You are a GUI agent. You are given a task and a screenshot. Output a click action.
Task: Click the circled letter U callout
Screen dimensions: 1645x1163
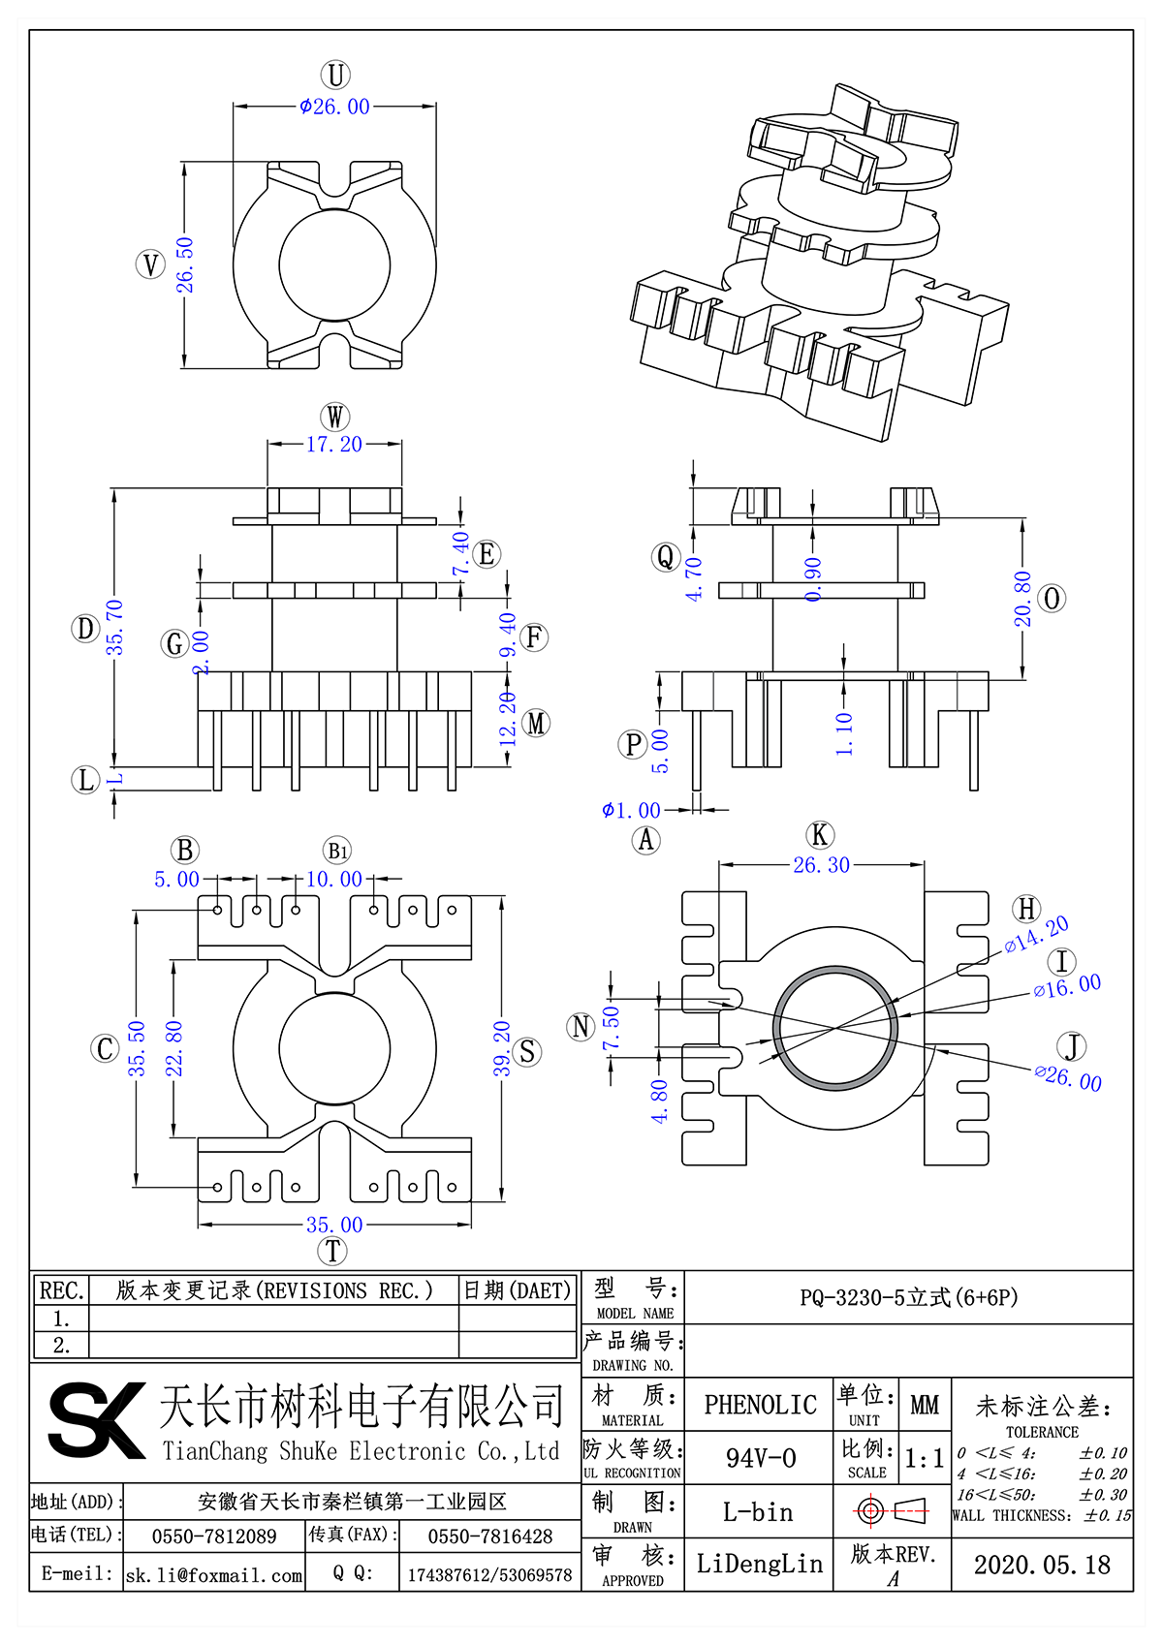click(335, 75)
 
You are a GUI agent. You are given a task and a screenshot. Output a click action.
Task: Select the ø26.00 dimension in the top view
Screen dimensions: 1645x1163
click(335, 107)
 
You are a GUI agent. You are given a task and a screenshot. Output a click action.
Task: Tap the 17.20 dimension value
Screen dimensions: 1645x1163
click(334, 445)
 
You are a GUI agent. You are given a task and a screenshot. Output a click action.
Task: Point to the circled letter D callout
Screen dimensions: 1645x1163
click(85, 629)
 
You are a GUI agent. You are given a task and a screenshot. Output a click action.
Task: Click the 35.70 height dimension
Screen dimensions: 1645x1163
click(115, 627)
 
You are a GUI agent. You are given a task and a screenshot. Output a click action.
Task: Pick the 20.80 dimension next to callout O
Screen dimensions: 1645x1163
click(1023, 599)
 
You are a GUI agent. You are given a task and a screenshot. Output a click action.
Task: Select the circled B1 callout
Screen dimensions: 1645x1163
click(337, 851)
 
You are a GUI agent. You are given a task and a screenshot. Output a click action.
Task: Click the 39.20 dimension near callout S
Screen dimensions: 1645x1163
click(502, 1048)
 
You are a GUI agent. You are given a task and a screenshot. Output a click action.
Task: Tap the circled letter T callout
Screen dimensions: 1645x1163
click(332, 1251)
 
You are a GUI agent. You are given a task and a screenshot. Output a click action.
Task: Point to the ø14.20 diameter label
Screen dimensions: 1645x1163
click(1037, 934)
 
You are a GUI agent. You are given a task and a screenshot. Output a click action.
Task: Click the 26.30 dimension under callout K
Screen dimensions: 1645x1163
click(821, 865)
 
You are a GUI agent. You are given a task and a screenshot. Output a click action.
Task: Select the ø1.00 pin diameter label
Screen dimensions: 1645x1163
click(631, 810)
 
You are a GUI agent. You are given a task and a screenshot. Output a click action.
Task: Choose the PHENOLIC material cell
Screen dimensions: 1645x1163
click(760, 1404)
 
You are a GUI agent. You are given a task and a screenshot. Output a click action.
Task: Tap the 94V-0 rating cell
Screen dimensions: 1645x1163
click(760, 1457)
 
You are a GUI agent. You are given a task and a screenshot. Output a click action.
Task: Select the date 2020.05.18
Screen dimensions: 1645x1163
click(1042, 1565)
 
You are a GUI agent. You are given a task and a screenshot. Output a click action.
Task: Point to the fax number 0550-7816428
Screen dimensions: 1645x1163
click(490, 1536)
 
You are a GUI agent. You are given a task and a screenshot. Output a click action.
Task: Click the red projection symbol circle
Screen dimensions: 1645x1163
click(869, 1510)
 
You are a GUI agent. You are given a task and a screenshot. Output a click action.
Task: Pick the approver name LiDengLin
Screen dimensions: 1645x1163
click(760, 1564)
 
